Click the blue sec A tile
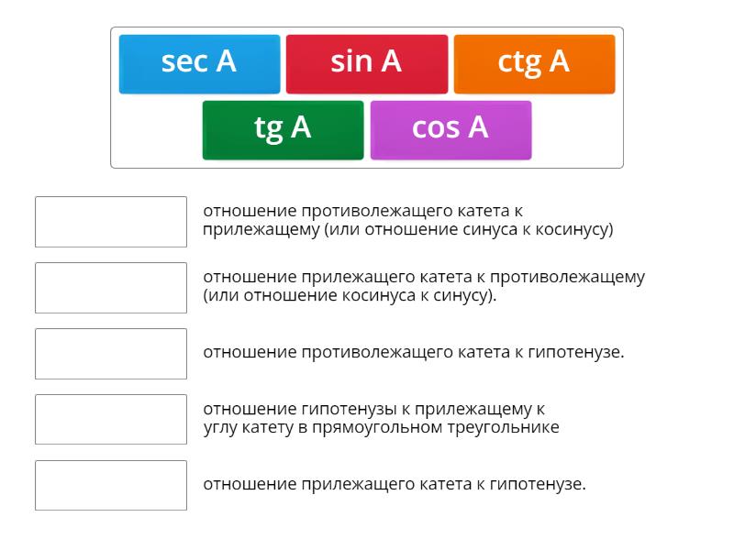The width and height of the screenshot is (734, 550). point(199,64)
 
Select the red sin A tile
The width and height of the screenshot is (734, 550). point(367,64)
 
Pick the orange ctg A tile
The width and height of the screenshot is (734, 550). point(535,64)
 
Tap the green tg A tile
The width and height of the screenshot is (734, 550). point(284,130)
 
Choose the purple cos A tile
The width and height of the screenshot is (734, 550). point(450,130)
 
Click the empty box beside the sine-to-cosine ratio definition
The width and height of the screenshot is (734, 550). point(111,222)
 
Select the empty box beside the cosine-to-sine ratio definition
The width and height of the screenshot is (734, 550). point(111,288)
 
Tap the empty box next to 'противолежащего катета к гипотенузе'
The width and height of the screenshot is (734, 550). point(111,354)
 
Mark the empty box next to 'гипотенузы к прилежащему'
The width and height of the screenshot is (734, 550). point(111,420)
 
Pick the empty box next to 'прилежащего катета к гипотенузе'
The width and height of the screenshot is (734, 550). point(111,486)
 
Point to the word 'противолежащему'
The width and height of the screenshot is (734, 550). point(567,278)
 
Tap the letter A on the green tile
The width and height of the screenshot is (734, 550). point(301,127)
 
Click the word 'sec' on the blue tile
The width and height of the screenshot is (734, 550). point(183,62)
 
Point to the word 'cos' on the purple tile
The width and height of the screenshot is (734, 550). point(436,128)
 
